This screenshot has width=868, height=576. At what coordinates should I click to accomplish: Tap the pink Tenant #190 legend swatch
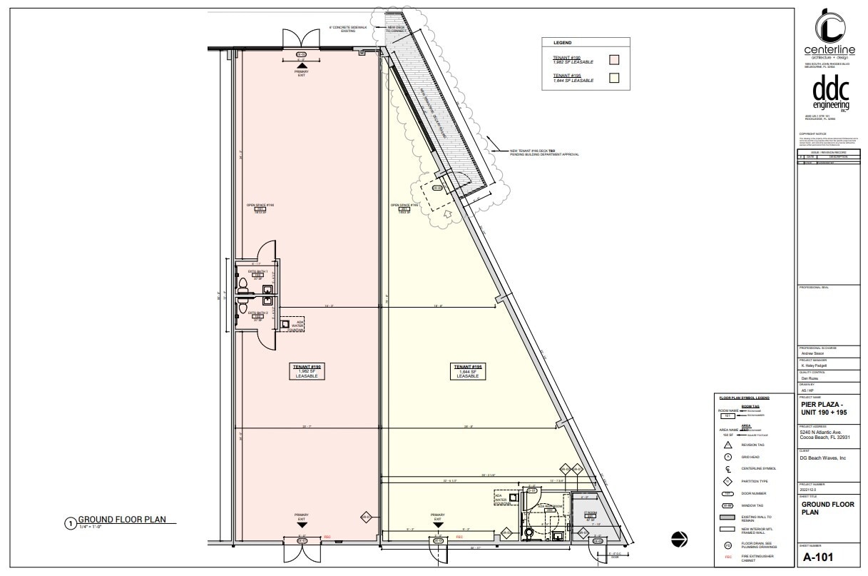coord(613,59)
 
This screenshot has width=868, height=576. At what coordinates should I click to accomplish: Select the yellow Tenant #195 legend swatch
coord(613,78)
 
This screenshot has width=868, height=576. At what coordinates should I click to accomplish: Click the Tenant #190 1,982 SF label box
coord(307,371)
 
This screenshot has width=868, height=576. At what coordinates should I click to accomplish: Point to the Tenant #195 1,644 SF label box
coord(467,371)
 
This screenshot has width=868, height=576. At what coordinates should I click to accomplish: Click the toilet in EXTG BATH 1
coord(244,286)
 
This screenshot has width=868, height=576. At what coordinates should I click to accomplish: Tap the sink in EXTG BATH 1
coord(267,289)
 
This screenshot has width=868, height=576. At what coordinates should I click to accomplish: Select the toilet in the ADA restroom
coord(529,532)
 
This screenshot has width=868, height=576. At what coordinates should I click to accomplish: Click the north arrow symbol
coord(680,540)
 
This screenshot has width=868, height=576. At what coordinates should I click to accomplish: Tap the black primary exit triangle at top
coord(301,66)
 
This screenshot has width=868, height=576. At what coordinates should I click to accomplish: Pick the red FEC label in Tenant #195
coord(459,536)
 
